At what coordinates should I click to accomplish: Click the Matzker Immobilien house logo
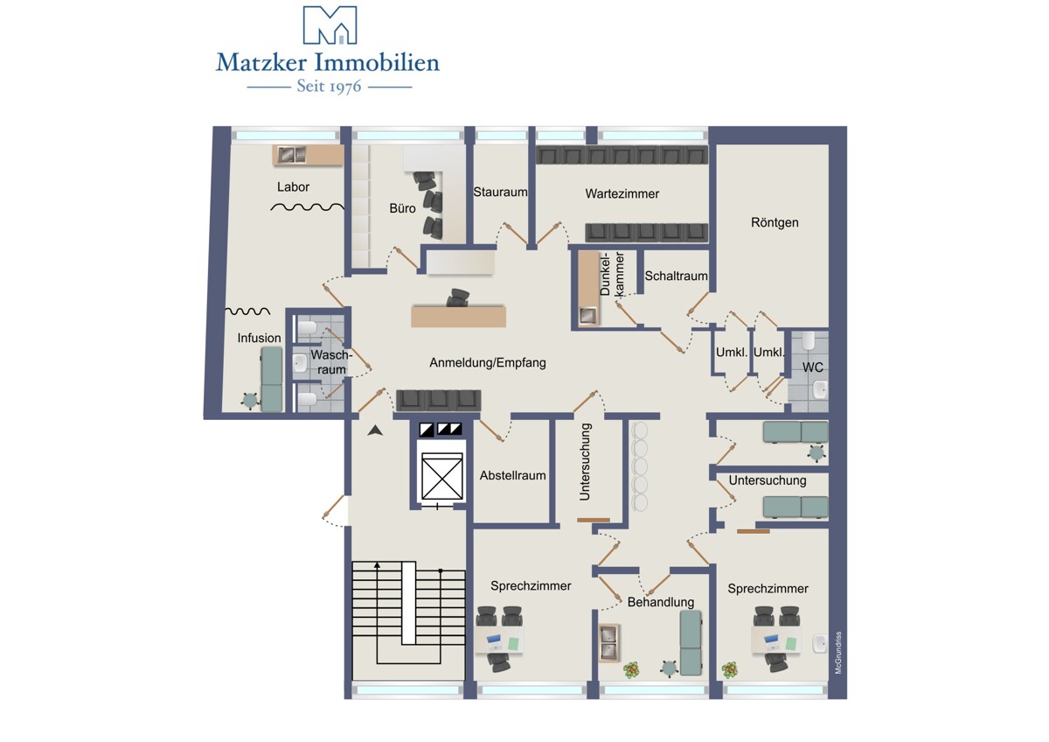point(330,24)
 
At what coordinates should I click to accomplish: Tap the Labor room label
point(293,187)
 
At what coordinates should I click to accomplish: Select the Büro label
point(402,208)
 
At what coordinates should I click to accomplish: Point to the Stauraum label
point(500,192)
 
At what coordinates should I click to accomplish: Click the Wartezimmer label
point(622,193)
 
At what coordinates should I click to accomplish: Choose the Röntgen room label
point(775,222)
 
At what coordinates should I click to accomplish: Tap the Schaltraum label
point(676,276)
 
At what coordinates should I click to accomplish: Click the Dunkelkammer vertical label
point(612,274)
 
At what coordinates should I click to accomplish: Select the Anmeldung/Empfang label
point(488,363)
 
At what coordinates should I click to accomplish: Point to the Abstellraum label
point(513,475)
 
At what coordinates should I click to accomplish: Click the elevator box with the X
point(442,476)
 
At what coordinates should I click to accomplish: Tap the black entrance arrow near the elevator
point(375,430)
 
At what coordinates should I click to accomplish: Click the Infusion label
point(259,338)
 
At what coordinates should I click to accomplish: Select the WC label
point(812,367)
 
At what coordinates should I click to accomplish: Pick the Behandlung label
point(661,602)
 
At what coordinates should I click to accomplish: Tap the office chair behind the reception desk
point(457,298)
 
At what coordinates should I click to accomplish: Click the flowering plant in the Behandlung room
point(632,670)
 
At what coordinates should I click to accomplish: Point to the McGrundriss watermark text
point(838,653)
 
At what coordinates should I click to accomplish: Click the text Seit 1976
point(330,87)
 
